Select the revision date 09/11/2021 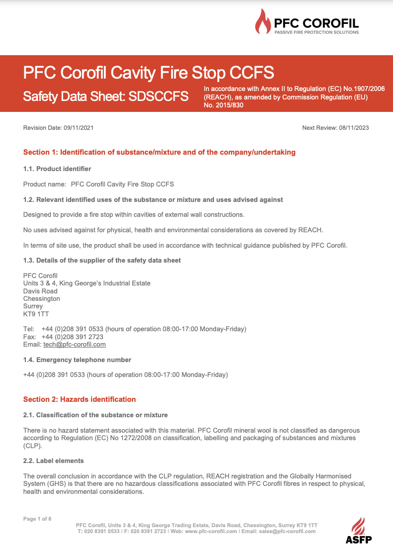click(x=78, y=128)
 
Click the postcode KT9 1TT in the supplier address click(x=36, y=314)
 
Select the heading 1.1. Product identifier click(x=57, y=169)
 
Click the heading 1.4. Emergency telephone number click(x=77, y=360)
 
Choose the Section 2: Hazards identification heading click(x=80, y=399)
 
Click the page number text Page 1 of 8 click(x=37, y=519)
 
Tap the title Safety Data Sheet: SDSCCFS click(x=105, y=96)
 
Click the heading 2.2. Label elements click(x=53, y=461)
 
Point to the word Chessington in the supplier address click(x=42, y=298)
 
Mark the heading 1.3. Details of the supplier click(x=102, y=260)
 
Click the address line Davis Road click(x=40, y=291)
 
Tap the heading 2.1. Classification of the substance click(x=96, y=415)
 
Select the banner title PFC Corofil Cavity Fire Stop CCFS click(x=148, y=73)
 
